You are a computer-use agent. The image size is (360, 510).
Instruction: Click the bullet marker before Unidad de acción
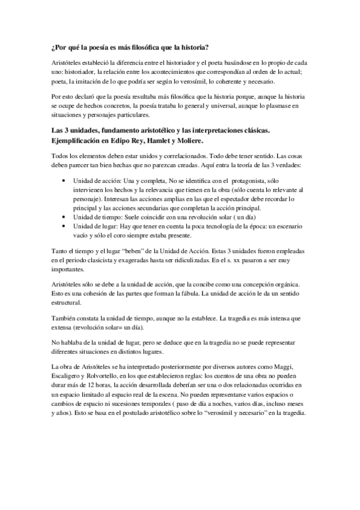(65, 180)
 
